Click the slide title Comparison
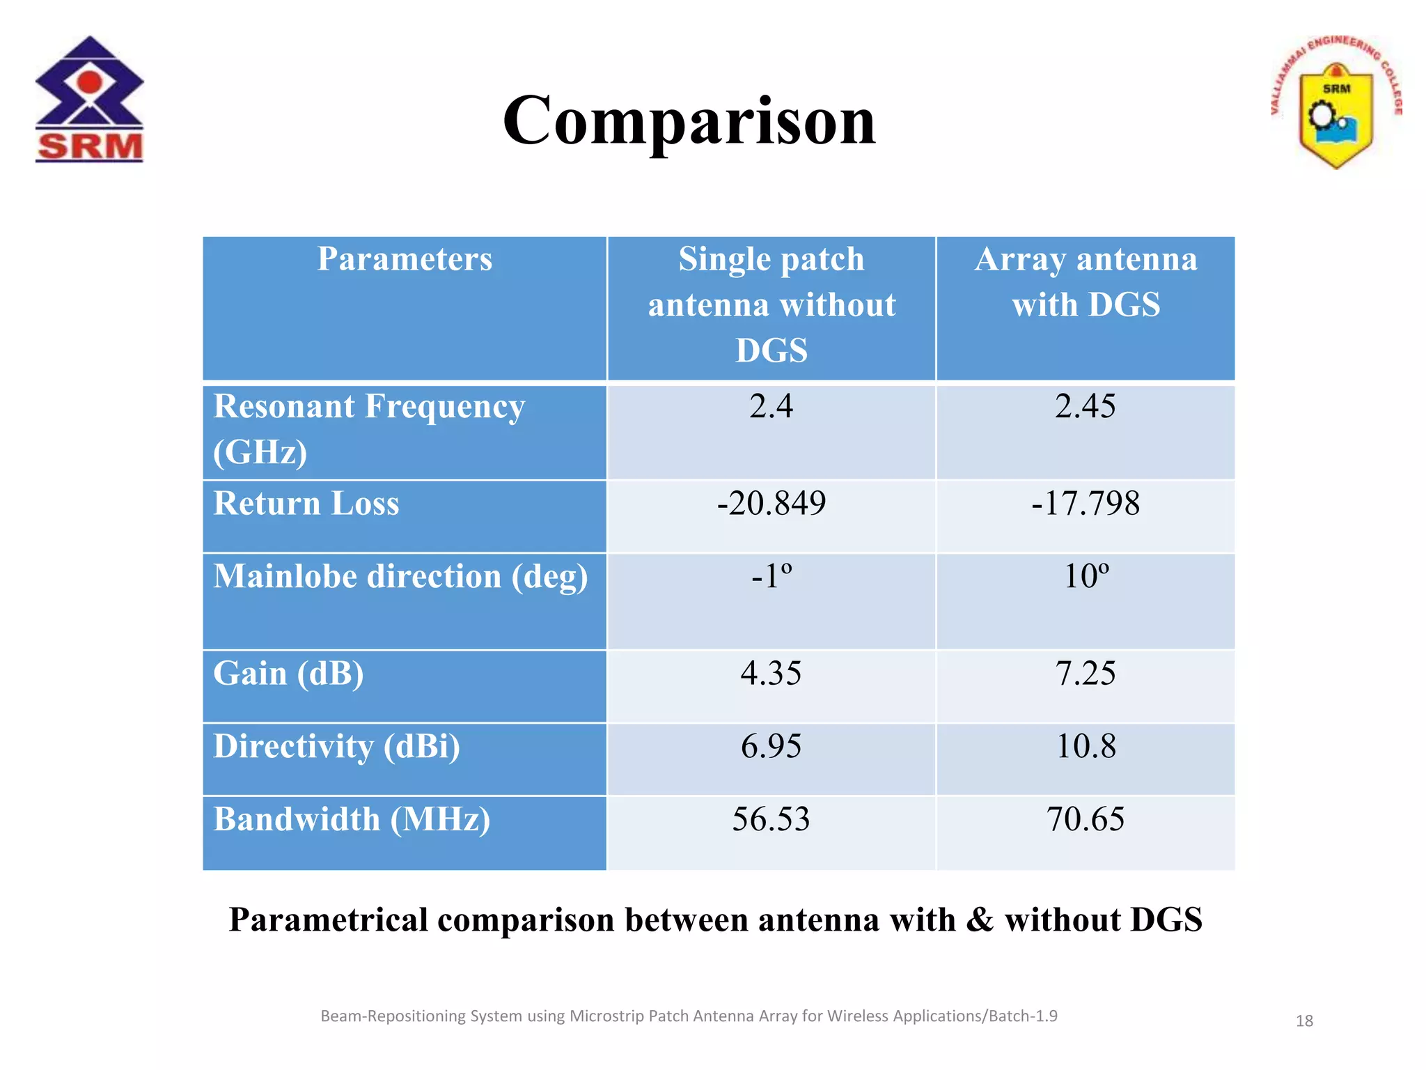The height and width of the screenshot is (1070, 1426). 689,121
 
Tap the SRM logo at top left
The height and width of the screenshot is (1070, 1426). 89,100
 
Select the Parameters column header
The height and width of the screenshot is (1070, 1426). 405,259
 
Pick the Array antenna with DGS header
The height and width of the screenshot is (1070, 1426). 1086,281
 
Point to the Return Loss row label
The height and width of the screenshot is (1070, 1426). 306,503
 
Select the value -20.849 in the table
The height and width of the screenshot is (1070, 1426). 771,503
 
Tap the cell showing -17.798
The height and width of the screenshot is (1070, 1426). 1086,503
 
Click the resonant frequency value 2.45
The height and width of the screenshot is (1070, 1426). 1085,406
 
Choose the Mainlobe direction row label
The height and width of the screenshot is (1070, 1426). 400,577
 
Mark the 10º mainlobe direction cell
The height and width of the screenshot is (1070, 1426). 1086,576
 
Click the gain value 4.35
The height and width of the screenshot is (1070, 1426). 771,674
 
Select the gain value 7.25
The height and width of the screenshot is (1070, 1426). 1085,674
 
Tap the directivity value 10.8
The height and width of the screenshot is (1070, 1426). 1086,746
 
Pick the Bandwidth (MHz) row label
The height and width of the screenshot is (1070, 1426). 352,819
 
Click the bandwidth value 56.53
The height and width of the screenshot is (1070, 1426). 771,819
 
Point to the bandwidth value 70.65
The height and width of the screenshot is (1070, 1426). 1085,819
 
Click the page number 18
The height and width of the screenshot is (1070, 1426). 1303,1021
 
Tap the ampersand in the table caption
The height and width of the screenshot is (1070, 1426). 980,920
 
